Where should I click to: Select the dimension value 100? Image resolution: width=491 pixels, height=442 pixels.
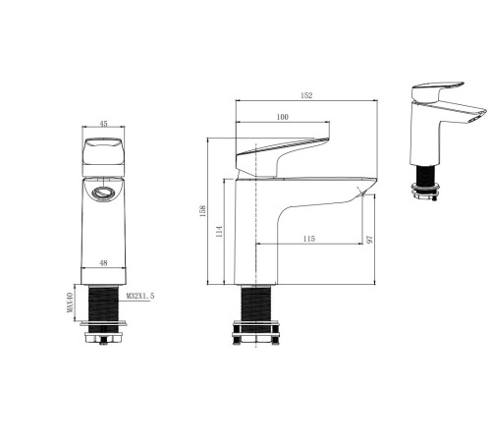(282, 118)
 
